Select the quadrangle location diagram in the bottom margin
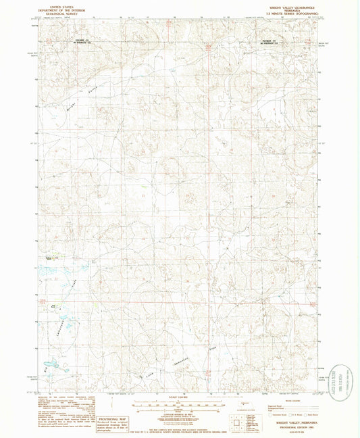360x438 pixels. pyautogui.click(x=240, y=424)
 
